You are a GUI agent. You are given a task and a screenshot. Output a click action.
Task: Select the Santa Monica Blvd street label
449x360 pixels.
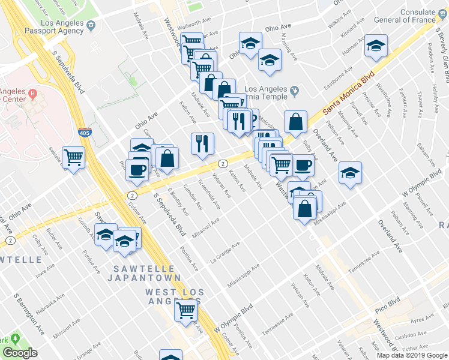[x=348, y=94]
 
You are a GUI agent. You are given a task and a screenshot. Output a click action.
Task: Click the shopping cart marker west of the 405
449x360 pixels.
[x=74, y=158]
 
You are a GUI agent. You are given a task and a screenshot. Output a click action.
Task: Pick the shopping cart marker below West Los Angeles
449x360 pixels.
[x=186, y=310]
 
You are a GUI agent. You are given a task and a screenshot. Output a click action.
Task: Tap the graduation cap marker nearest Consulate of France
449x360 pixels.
[x=376, y=46]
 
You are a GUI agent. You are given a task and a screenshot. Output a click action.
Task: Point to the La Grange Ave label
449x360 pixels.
[x=225, y=254]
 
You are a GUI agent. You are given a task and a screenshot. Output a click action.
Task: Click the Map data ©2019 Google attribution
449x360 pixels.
[x=412, y=355]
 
